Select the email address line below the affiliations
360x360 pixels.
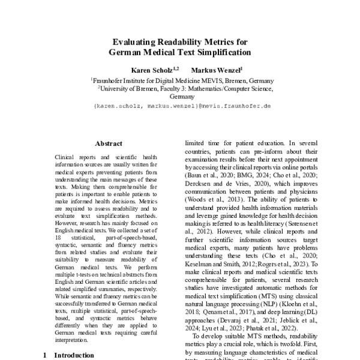coord(182,106)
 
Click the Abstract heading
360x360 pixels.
coord(108,143)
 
